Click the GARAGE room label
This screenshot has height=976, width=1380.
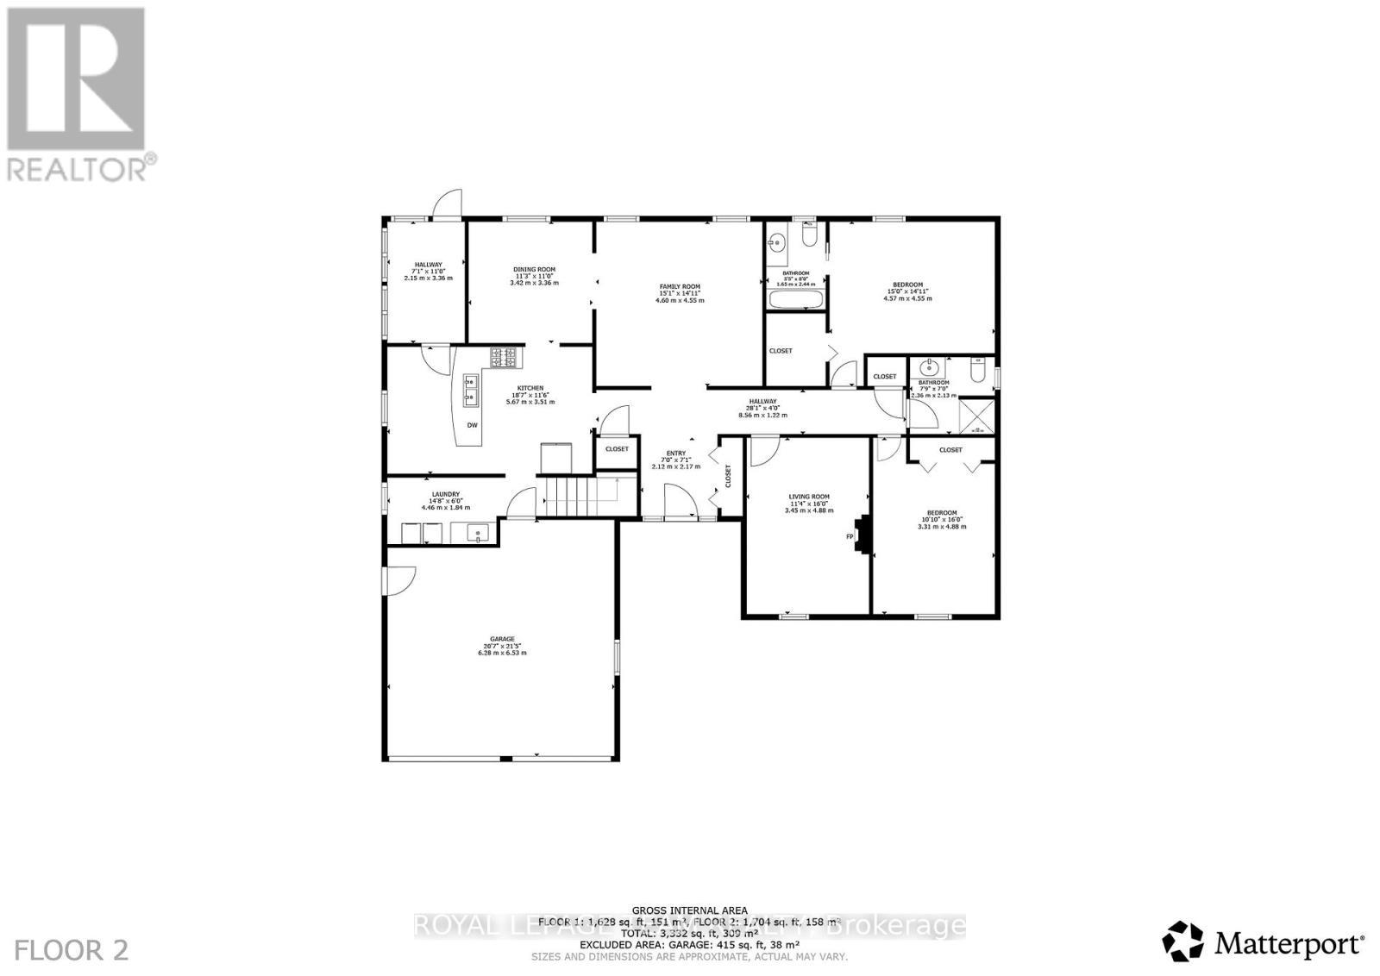(502, 639)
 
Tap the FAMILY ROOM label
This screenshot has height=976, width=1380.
(680, 286)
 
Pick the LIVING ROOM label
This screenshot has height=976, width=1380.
(809, 497)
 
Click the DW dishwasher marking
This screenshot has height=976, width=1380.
(472, 425)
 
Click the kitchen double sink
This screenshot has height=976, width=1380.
(471, 390)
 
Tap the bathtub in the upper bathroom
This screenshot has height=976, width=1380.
(794, 300)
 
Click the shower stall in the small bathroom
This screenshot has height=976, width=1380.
(977, 415)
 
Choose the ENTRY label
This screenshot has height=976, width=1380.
(675, 454)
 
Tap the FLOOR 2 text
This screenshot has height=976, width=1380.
(72, 950)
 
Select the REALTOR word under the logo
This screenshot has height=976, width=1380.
(78, 167)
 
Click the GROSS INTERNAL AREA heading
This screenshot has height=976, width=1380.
(689, 910)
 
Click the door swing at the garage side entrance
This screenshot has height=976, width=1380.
(402, 579)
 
